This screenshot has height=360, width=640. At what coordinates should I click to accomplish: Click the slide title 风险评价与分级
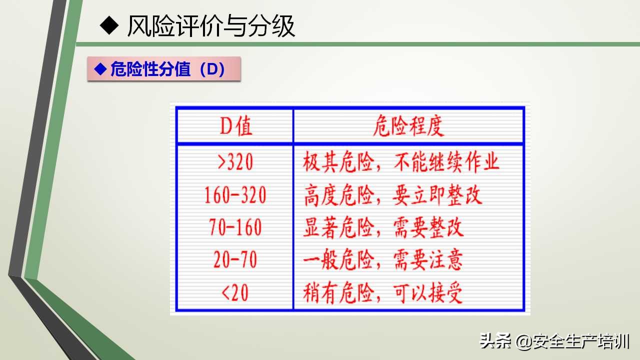(x=211, y=26)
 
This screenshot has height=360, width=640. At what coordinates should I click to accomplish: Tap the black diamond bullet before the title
(x=108, y=25)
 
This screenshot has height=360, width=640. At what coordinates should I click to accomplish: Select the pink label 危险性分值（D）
(x=164, y=69)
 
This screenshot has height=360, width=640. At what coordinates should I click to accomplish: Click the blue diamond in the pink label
(x=101, y=68)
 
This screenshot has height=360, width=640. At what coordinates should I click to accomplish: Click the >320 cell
(x=235, y=162)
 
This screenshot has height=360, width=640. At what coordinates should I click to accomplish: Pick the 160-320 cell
(x=235, y=195)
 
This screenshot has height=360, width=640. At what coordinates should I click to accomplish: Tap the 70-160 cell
(x=235, y=227)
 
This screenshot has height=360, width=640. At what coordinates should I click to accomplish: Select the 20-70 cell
(x=235, y=260)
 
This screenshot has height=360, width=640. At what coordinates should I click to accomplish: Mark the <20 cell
(x=235, y=292)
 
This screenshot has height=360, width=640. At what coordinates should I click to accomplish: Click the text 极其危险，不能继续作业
(x=401, y=162)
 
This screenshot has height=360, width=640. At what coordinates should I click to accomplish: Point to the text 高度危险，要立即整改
(x=392, y=195)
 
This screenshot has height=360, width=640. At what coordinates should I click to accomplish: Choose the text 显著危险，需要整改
(x=383, y=227)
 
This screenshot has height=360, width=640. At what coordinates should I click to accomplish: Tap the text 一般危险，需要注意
(x=383, y=260)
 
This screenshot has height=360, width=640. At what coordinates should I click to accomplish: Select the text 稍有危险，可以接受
(x=383, y=292)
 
